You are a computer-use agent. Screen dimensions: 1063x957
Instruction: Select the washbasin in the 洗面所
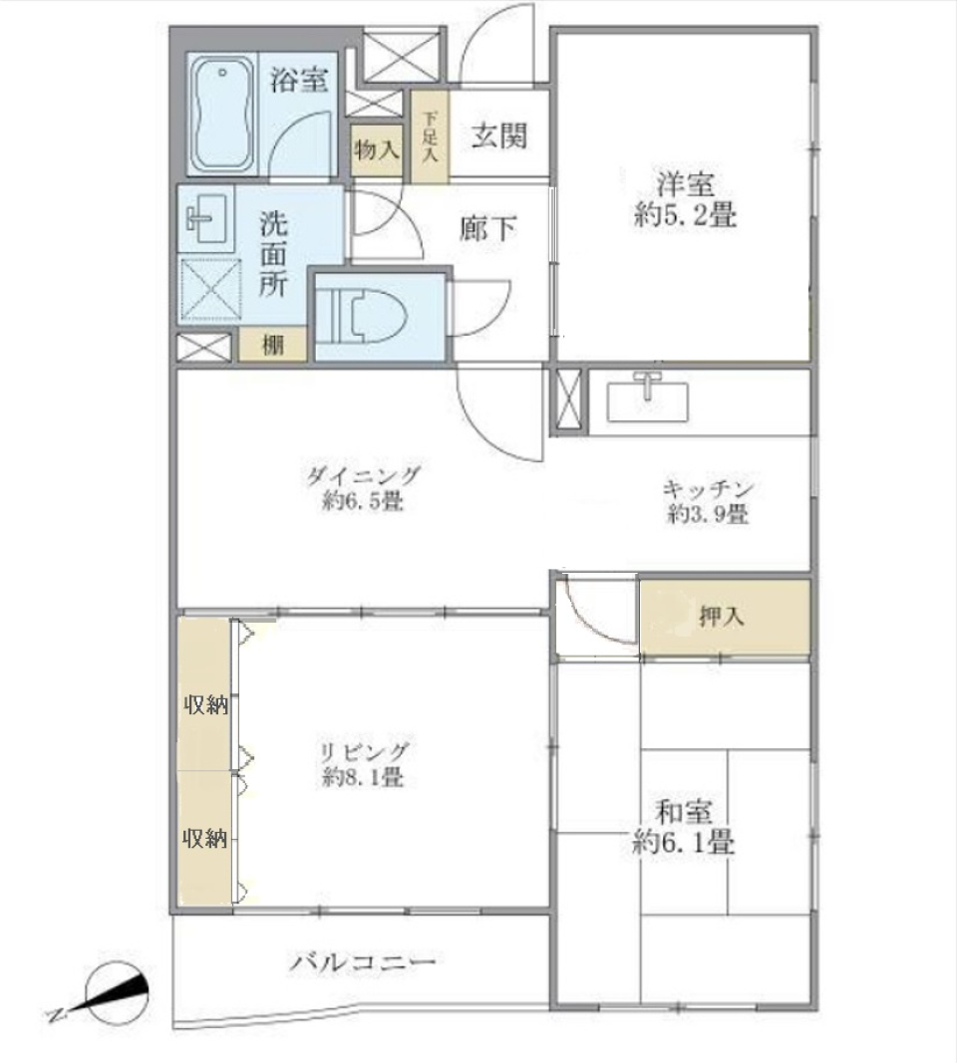click(205, 218)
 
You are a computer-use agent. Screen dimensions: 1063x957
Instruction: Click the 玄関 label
click(498, 136)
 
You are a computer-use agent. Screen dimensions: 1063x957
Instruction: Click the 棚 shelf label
click(271, 345)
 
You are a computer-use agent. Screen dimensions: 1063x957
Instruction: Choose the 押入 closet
click(722, 618)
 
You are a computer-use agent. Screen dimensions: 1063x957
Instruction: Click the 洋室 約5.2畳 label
click(685, 200)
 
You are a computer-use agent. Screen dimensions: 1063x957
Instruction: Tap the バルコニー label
click(363, 962)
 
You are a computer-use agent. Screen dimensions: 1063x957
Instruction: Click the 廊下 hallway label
click(488, 229)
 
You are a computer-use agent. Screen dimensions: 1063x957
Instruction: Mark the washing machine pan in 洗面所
click(210, 289)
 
